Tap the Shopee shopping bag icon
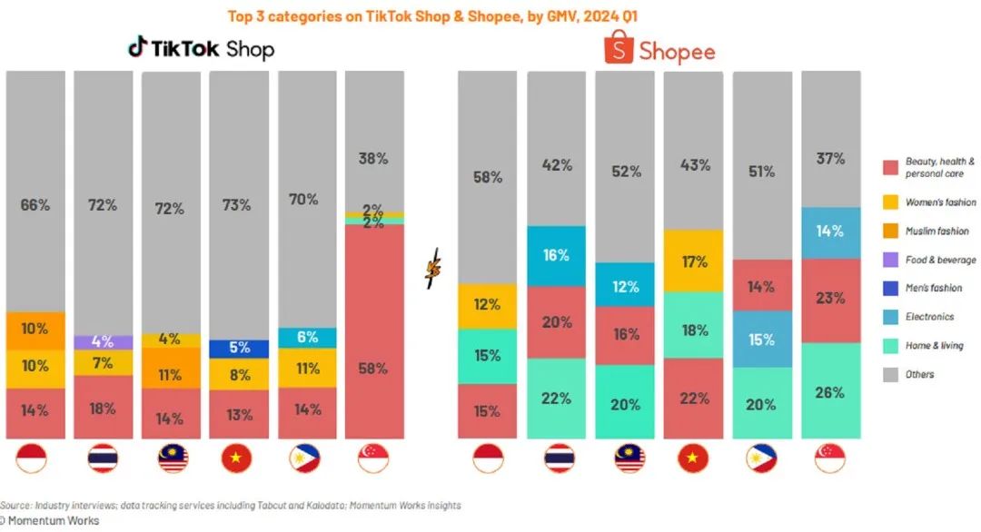click(619, 47)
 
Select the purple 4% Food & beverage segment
click(103, 342)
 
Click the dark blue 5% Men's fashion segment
click(239, 349)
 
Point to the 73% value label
click(237, 205)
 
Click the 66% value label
click(35, 205)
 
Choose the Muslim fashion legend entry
click(936, 231)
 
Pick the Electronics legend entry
click(928, 317)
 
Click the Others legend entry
click(919, 374)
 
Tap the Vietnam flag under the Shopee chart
click(693, 459)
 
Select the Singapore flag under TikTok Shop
click(373, 459)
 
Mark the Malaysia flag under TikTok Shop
click(171, 459)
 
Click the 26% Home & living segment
click(830, 392)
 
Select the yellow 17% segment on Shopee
click(693, 261)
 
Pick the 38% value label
click(373, 158)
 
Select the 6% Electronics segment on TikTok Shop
click(306, 337)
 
